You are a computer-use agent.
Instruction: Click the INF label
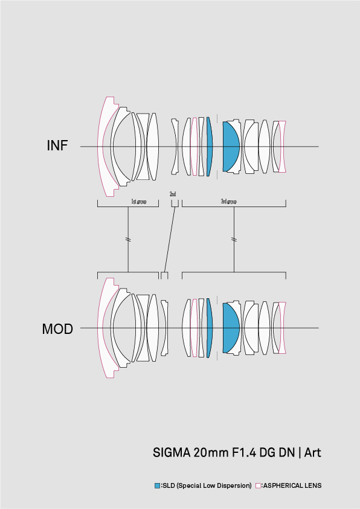click(57, 146)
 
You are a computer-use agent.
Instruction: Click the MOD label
click(57, 329)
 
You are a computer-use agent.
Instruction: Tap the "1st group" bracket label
click(138, 202)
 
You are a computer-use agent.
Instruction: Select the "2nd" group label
click(173, 194)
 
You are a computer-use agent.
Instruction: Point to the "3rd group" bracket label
click(228, 202)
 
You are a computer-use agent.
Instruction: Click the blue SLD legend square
click(158, 485)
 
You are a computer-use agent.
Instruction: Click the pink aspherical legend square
click(258, 485)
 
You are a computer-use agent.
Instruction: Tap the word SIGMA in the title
click(172, 452)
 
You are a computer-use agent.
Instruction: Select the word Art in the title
click(313, 452)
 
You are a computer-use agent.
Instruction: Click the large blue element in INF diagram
click(230, 146)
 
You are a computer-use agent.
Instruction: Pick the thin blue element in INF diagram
click(210, 146)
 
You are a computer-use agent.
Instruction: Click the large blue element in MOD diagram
click(230, 328)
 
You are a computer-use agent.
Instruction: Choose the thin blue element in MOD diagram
click(210, 328)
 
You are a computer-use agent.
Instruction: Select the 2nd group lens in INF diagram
click(175, 146)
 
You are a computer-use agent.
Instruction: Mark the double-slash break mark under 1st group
click(128, 240)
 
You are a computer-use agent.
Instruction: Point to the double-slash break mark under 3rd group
click(234, 240)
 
